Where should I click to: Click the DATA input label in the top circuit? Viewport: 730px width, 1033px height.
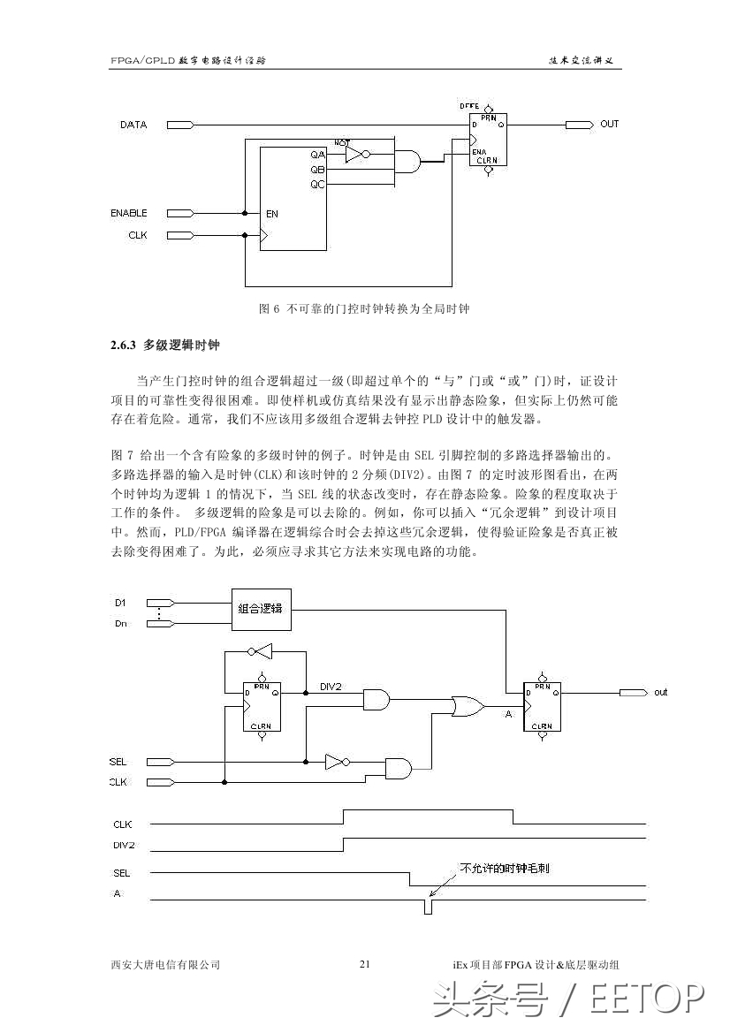[x=133, y=125]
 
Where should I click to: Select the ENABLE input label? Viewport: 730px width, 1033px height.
[x=129, y=213]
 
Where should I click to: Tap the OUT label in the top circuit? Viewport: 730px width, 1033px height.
[x=610, y=124]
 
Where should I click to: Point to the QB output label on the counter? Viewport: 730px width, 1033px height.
[x=317, y=169]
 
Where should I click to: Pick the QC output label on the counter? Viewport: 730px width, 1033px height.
[x=317, y=184]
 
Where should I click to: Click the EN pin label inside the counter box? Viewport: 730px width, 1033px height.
[x=272, y=214]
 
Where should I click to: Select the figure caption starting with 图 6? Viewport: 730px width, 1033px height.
[x=364, y=308]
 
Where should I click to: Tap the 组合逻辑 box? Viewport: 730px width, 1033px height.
[x=262, y=608]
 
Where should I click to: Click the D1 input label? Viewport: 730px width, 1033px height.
[x=120, y=603]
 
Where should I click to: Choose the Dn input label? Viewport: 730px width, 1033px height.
[x=120, y=624]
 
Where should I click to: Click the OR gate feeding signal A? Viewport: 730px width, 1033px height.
[x=467, y=706]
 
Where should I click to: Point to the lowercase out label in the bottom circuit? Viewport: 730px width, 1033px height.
[x=660, y=692]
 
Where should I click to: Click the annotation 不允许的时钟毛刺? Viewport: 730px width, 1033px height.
[x=505, y=869]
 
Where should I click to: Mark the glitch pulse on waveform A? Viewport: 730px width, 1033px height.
[x=428, y=907]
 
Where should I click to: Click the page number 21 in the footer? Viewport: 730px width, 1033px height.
[x=365, y=964]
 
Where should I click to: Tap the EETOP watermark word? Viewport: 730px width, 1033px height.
[x=647, y=999]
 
